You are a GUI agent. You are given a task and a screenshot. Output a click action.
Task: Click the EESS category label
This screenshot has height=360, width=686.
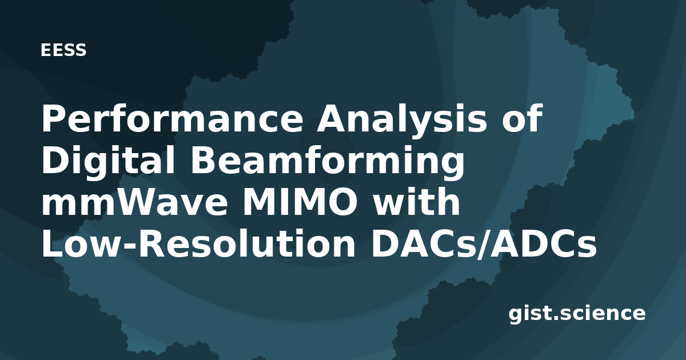[63, 50]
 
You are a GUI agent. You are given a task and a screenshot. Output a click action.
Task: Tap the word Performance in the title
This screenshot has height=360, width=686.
[172, 118]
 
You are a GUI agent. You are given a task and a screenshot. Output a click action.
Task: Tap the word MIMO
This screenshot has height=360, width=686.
[300, 202]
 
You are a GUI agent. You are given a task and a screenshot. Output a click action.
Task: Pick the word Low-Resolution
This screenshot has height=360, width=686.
[198, 243]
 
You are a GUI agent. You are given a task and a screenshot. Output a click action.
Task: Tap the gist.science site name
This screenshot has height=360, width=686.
[577, 314]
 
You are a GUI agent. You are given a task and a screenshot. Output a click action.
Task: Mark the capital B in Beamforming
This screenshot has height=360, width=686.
[204, 160]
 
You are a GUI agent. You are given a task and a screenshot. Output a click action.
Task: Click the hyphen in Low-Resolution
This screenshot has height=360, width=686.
[128, 246]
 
